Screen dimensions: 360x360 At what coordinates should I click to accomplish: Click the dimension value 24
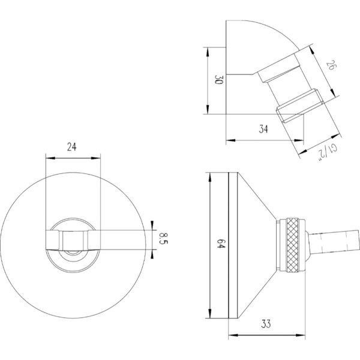(72, 147)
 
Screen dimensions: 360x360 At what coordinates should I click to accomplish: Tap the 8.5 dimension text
(163, 238)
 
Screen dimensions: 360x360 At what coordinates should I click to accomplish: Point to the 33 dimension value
(266, 324)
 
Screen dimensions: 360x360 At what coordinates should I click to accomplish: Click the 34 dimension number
(263, 129)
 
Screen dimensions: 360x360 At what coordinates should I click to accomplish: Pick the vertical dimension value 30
(218, 79)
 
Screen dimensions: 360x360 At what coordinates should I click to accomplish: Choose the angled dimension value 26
(332, 65)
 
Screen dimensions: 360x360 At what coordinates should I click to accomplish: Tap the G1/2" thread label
(328, 152)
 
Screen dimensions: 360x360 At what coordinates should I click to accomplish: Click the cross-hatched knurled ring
(293, 245)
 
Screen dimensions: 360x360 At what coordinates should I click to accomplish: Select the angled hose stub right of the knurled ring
(334, 242)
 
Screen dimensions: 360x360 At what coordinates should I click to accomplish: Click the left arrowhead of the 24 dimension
(50, 158)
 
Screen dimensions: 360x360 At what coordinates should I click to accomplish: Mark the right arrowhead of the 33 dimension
(301, 335)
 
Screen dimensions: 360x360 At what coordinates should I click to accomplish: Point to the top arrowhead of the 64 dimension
(209, 177)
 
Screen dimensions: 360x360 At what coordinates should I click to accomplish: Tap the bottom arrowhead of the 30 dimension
(208, 110)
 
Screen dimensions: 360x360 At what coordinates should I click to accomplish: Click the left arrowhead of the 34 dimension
(231, 140)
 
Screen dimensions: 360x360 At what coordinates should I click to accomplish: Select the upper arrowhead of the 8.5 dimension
(152, 225)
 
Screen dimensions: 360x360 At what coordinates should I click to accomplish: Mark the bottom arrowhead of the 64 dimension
(209, 314)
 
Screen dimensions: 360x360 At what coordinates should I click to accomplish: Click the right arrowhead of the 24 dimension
(96, 158)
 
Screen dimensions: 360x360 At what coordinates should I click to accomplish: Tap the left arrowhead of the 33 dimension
(233, 335)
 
